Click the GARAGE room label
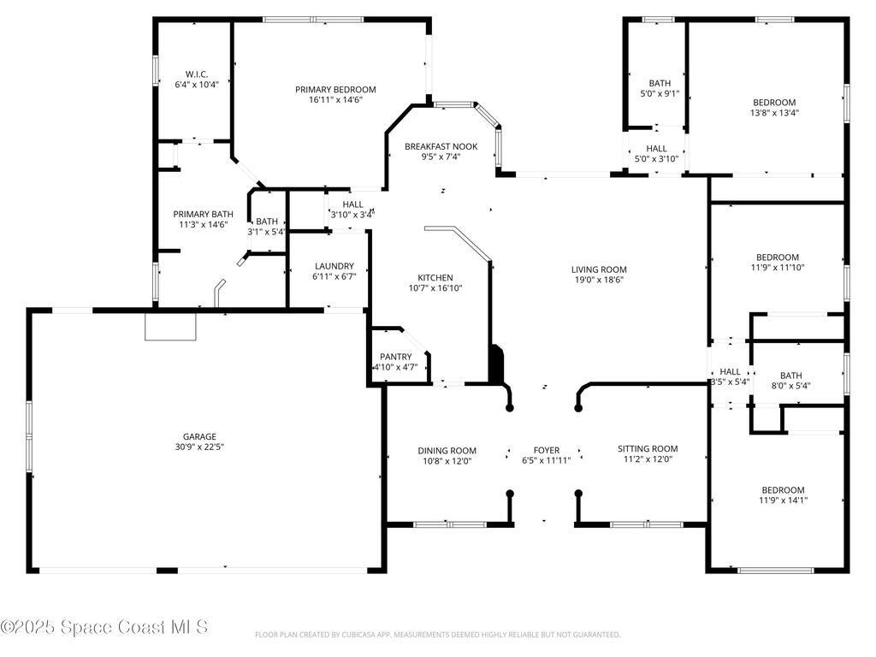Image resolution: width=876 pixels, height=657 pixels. [x=198, y=435]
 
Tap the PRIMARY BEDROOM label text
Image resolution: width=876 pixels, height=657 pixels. [x=335, y=89]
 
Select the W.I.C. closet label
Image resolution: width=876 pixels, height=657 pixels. [x=197, y=74]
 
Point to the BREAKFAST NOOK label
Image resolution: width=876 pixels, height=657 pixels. [x=441, y=146]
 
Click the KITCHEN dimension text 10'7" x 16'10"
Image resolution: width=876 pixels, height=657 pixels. [x=435, y=288]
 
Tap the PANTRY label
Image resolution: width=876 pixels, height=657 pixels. [x=395, y=357]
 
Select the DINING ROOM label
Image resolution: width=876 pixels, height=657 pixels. [x=447, y=450]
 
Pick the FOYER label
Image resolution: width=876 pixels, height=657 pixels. [x=546, y=450]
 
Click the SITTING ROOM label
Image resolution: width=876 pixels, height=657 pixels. [x=648, y=448]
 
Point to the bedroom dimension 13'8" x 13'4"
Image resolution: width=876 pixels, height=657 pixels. [x=774, y=112]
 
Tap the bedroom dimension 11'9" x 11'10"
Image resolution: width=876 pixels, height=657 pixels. [x=777, y=267]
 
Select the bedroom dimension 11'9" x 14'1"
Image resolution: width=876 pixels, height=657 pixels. [x=782, y=500]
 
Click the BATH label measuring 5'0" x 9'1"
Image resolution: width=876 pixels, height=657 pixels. [x=660, y=83]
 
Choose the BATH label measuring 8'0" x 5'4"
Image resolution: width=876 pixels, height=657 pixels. [x=790, y=375]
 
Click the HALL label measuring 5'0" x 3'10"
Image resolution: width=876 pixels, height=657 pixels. [x=656, y=148]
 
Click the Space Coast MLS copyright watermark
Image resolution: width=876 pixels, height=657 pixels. [x=104, y=627]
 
